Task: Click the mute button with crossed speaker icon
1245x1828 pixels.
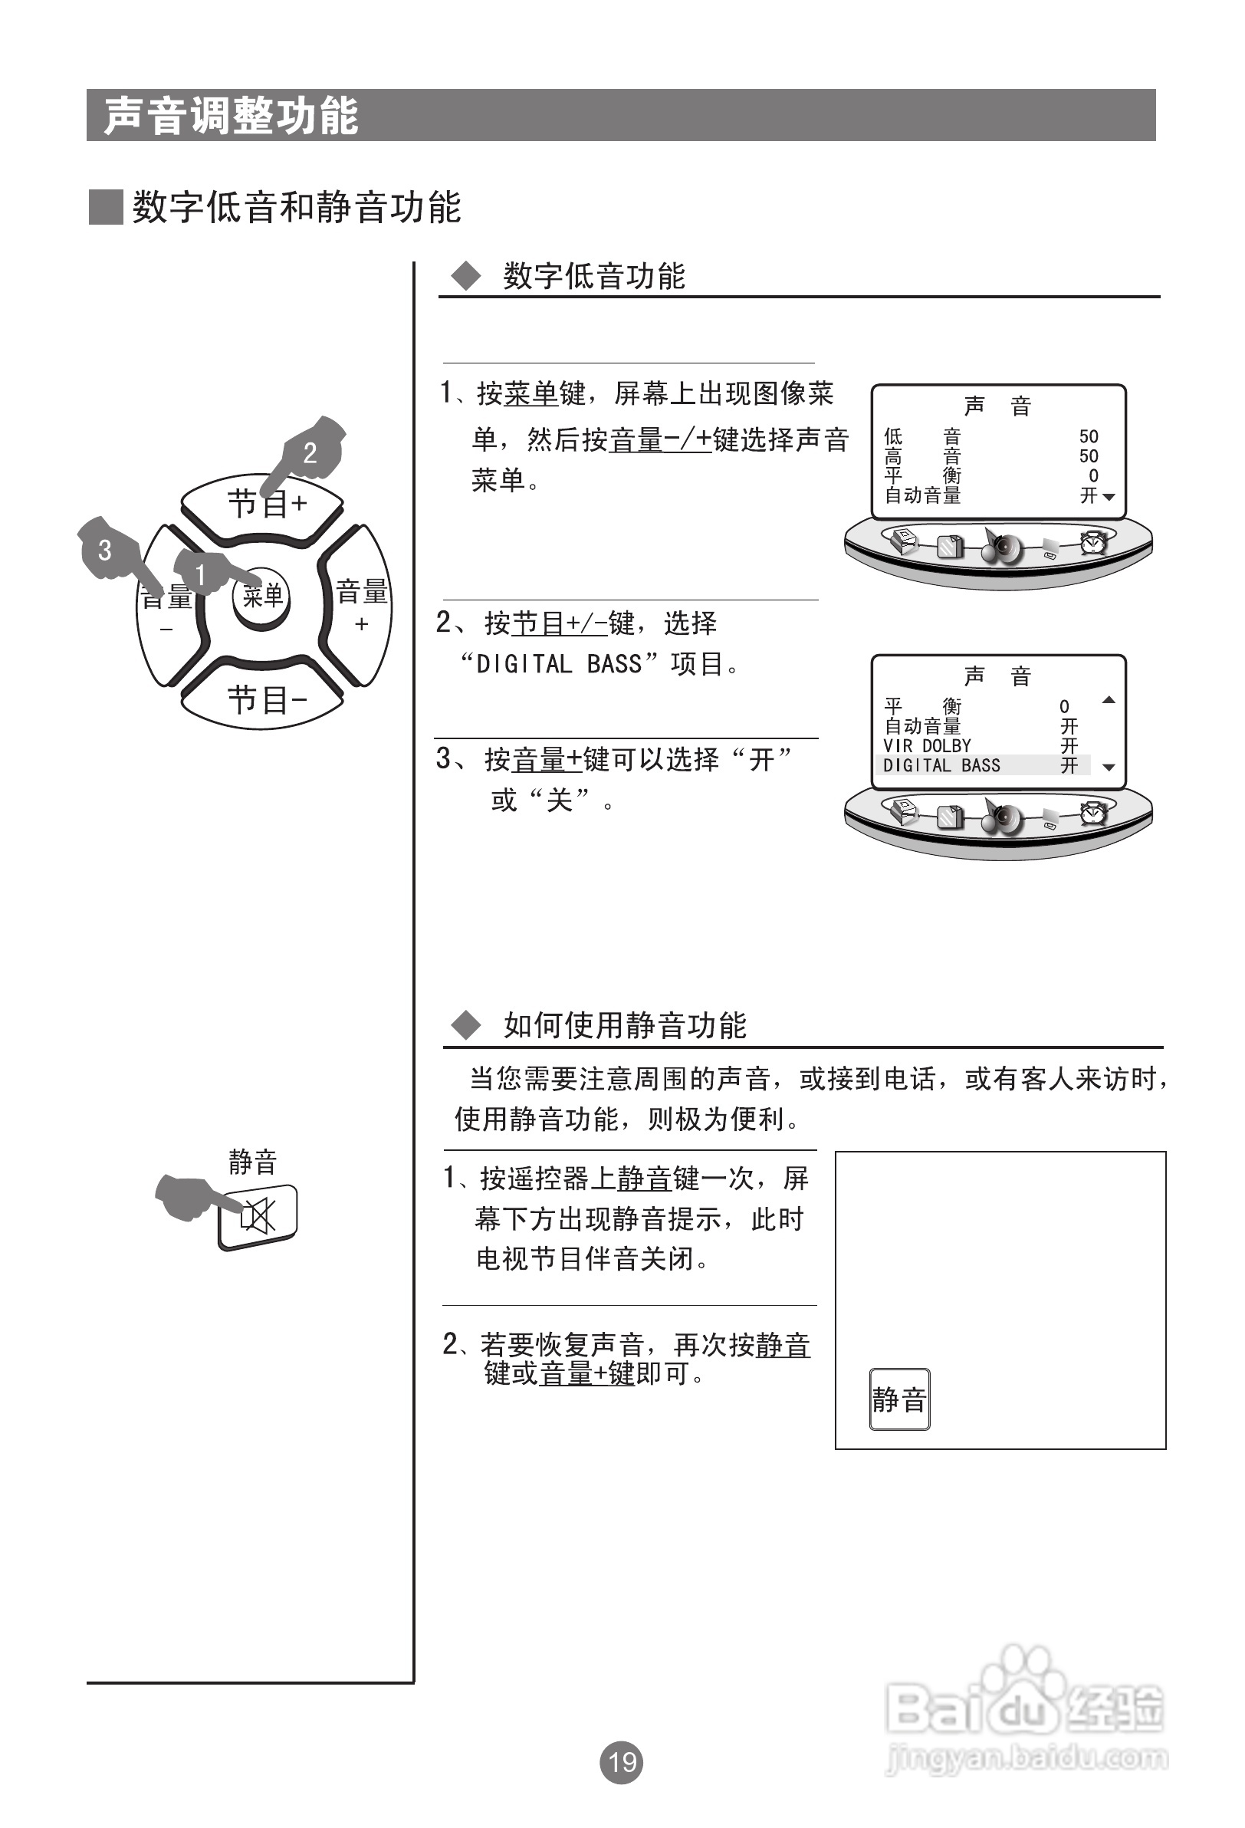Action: point(258,1215)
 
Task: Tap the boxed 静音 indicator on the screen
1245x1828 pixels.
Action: point(899,1399)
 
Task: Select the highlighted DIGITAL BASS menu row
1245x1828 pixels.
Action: point(981,765)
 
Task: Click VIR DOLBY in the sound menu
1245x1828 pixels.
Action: point(928,745)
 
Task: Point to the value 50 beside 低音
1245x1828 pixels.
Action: point(1089,436)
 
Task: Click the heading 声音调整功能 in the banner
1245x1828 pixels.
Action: point(232,117)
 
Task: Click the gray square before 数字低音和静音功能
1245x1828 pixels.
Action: point(105,208)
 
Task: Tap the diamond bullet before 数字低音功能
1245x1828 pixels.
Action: point(465,276)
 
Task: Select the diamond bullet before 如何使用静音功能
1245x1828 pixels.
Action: point(465,1026)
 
